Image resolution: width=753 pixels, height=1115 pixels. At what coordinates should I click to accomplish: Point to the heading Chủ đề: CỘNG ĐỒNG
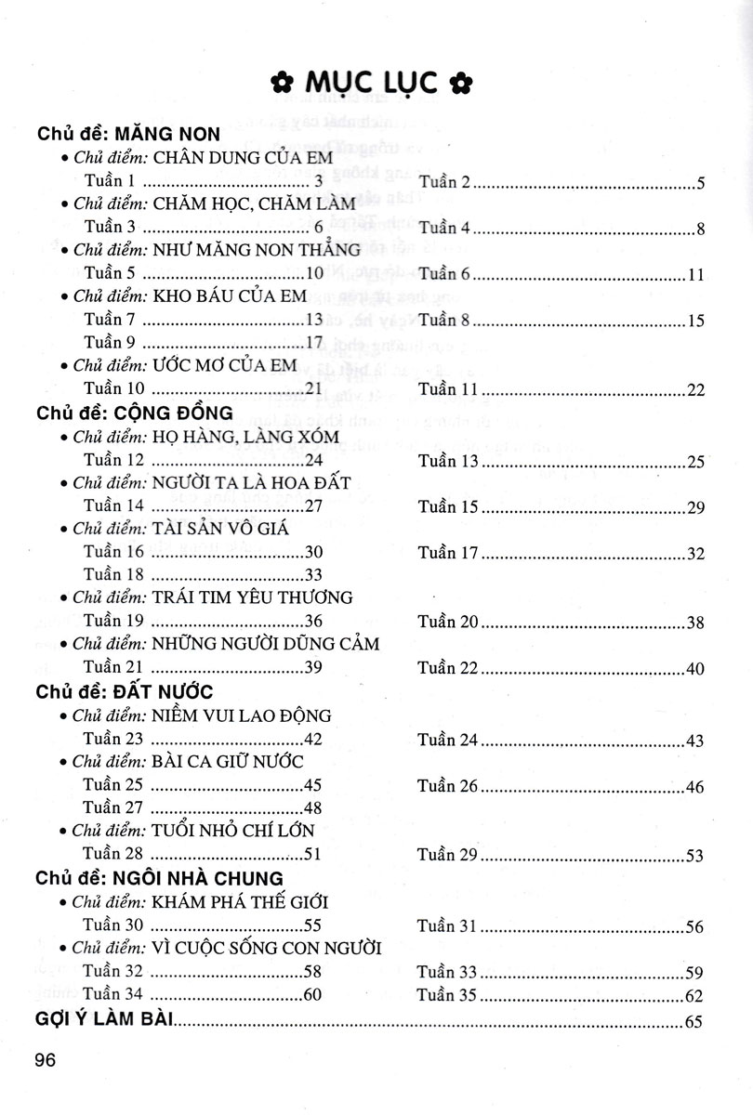(x=122, y=412)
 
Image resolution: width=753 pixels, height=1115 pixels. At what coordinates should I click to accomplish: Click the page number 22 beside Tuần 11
(x=697, y=390)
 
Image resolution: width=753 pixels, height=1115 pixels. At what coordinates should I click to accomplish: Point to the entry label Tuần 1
(x=110, y=180)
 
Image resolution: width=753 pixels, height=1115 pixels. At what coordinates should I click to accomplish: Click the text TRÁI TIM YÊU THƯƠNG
(x=253, y=597)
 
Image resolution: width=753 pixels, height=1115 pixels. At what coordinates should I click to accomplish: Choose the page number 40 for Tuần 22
(x=697, y=669)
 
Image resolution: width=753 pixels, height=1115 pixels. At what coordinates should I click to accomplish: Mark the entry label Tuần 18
(x=113, y=574)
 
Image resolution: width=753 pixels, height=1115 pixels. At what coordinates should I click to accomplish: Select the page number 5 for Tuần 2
(x=702, y=182)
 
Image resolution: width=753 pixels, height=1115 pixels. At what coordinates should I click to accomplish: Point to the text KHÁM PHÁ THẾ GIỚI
(x=241, y=902)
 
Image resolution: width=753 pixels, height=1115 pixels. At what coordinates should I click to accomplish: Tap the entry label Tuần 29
(x=447, y=855)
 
